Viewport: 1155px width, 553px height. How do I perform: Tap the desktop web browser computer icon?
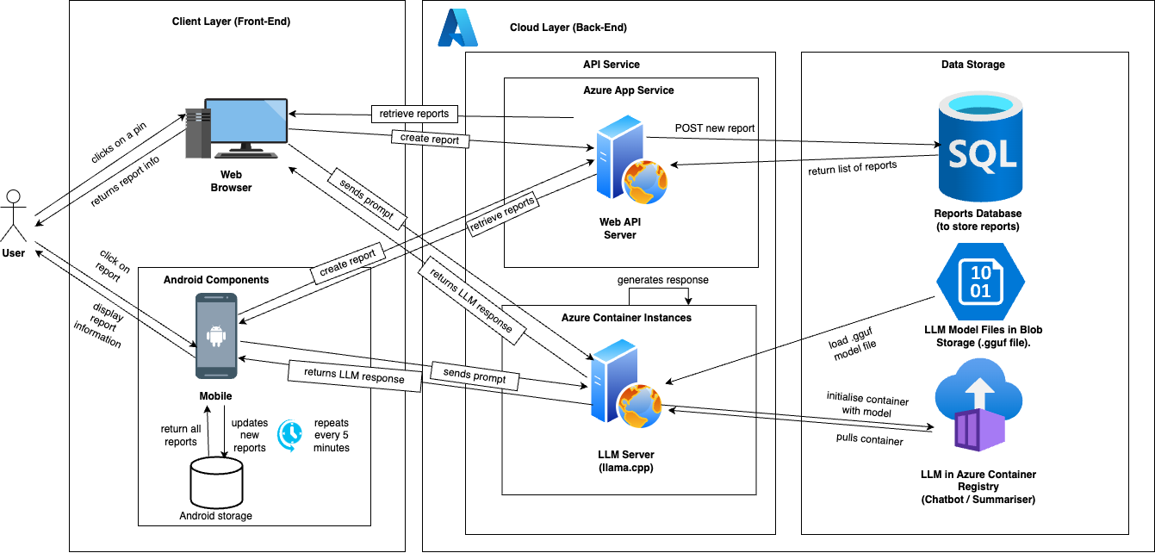tap(236, 128)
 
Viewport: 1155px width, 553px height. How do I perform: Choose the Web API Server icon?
tap(626, 165)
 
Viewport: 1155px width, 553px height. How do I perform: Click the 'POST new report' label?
tap(715, 128)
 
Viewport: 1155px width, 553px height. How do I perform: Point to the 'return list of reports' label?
tap(853, 166)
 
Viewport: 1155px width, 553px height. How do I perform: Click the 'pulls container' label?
tap(869, 440)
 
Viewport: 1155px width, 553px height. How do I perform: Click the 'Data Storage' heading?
tap(972, 65)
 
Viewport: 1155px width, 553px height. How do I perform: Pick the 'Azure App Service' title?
tap(629, 90)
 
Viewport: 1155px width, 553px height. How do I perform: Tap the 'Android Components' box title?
tap(216, 280)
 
